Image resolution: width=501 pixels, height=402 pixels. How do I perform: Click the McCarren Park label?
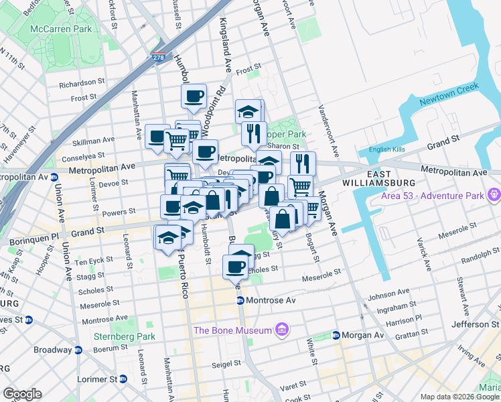[63, 29]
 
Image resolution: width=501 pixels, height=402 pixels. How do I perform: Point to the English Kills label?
[388, 149]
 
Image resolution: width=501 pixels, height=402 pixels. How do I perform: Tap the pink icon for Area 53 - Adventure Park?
[494, 195]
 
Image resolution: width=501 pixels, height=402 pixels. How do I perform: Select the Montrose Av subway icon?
[240, 300]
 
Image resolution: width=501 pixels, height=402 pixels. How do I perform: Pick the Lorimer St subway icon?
[123, 379]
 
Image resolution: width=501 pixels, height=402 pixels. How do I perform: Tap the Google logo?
[22, 394]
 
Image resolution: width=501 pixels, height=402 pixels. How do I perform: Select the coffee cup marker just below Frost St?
[194, 96]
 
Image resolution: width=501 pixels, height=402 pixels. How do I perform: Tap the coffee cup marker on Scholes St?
[236, 267]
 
